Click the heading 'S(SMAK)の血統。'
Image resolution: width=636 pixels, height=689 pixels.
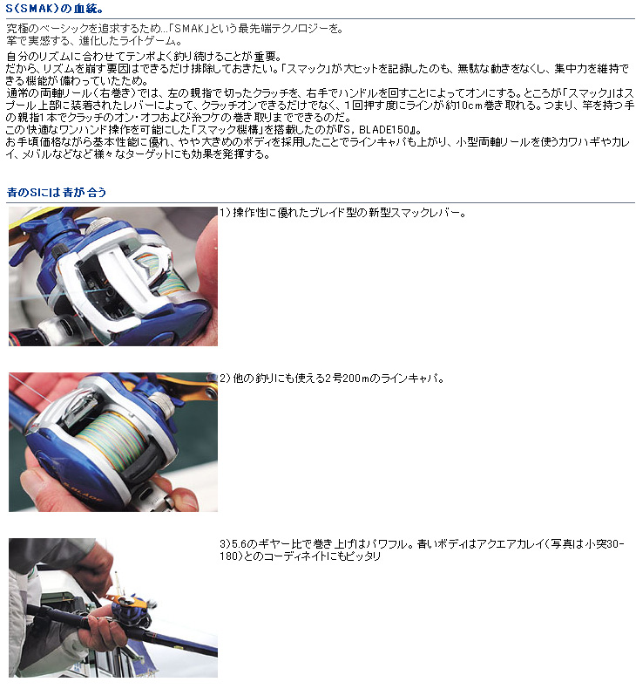[55, 9]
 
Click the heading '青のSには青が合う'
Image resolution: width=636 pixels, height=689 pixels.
[57, 192]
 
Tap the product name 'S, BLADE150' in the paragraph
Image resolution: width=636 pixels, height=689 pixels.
[383, 130]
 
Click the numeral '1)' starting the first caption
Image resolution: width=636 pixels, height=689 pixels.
[225, 213]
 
